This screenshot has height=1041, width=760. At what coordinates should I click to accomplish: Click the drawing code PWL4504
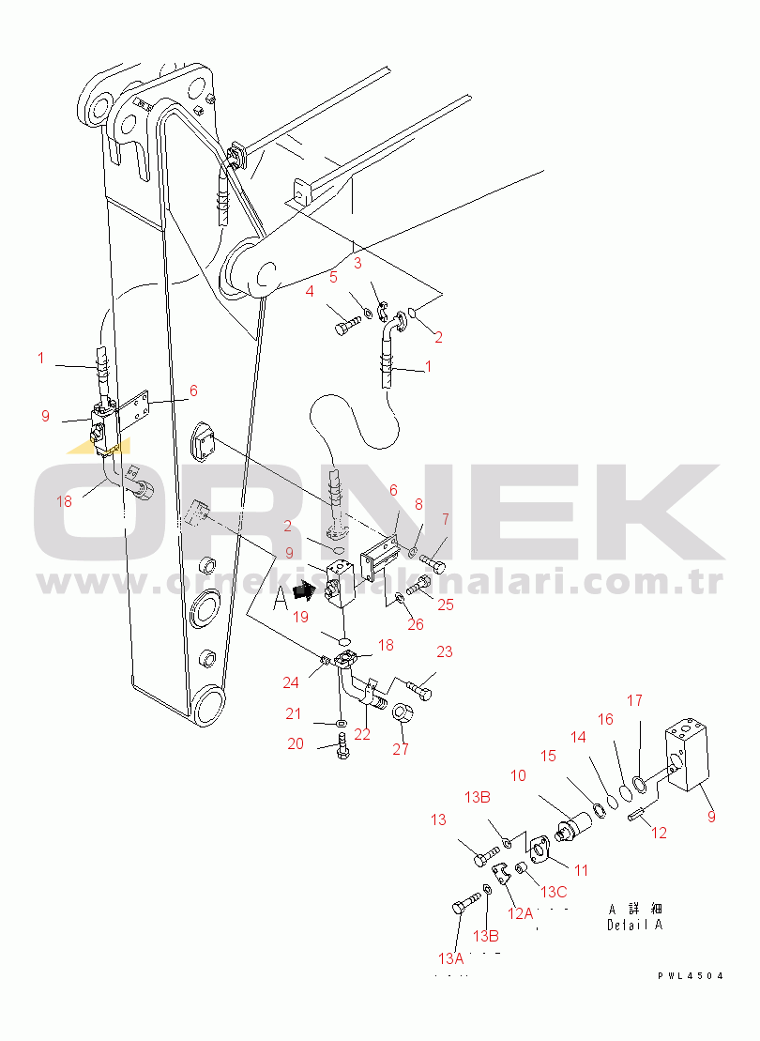(691, 976)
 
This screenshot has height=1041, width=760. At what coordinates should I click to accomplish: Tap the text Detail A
(634, 925)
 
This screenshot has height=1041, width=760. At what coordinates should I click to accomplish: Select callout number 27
(401, 748)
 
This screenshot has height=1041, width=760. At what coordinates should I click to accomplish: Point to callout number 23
(444, 651)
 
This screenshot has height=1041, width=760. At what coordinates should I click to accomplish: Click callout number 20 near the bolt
(295, 743)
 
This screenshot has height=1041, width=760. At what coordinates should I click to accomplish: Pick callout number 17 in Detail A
(634, 700)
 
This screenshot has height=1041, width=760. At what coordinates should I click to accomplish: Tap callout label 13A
(450, 958)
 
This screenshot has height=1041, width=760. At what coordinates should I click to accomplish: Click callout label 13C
(555, 891)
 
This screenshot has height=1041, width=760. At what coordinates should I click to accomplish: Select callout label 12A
(521, 913)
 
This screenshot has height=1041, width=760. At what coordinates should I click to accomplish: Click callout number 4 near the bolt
(309, 291)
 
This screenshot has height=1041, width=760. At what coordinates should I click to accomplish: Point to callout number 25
(445, 605)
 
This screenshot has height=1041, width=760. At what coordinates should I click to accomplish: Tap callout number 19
(299, 617)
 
